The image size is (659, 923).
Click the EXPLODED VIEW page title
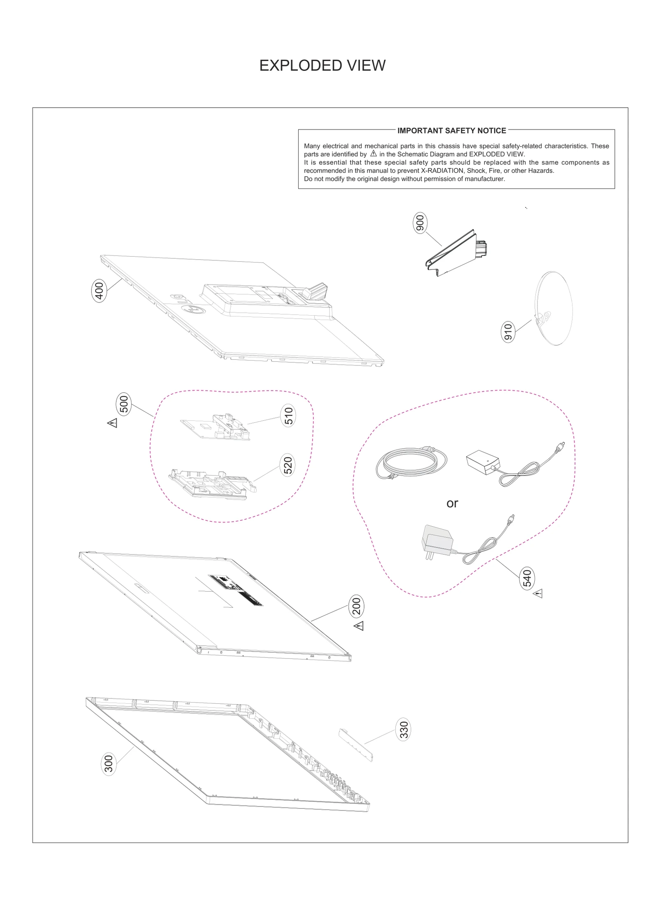click(322, 66)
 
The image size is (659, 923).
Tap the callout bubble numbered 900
click(420, 223)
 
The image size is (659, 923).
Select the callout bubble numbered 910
click(508, 332)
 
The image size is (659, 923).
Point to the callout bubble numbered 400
click(99, 290)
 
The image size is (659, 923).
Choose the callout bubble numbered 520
click(287, 465)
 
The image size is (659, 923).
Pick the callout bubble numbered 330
click(404, 729)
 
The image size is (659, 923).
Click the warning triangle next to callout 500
click(112, 423)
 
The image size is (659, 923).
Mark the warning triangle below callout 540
click(538, 594)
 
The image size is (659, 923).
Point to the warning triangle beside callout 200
click(359, 626)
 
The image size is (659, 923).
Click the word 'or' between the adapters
click(452, 503)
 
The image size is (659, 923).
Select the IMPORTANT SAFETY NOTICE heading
click(451, 131)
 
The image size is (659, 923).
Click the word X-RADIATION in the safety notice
click(442, 171)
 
